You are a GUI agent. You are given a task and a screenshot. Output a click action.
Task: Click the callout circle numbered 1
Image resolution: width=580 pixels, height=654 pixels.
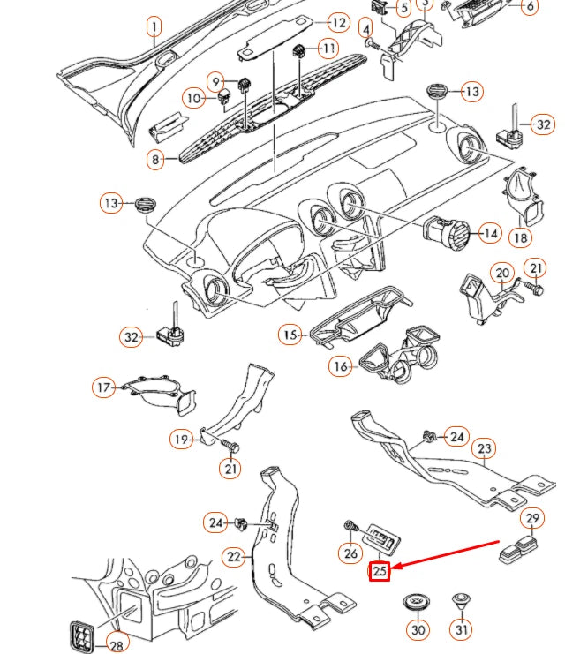pos(154,27)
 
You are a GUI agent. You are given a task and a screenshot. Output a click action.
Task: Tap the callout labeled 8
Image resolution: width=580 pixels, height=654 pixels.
pos(156,160)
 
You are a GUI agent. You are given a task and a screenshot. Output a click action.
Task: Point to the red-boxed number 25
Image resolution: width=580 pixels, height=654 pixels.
pos(380,571)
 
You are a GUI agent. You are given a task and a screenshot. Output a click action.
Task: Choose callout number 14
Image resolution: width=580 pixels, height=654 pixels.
pos(489,234)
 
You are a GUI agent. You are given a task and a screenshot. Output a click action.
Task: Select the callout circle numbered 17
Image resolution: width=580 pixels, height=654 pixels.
pos(105,387)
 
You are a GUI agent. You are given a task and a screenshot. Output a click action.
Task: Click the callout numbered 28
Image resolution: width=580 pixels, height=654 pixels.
pos(117,645)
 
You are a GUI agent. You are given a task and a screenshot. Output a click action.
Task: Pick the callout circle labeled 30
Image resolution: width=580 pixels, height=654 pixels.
pos(418,630)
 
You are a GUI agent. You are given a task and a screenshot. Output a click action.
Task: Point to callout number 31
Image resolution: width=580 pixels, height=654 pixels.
pos(462,629)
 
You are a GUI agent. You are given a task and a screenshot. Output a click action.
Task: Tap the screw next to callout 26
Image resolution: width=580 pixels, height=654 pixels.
pos(350,527)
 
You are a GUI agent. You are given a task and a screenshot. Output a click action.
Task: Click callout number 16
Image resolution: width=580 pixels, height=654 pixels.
pos(342,365)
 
